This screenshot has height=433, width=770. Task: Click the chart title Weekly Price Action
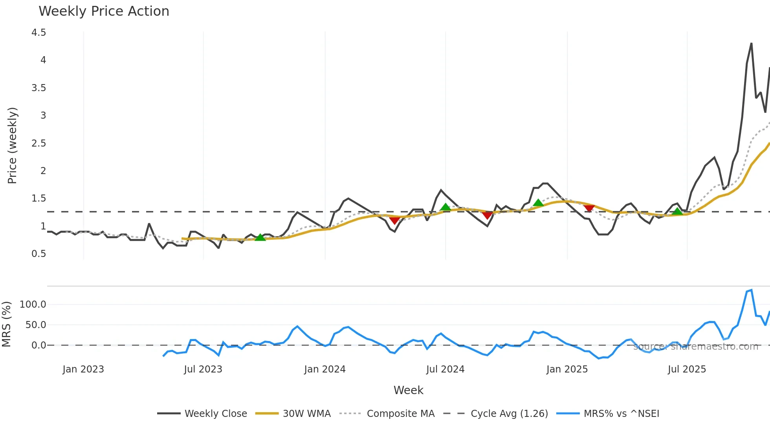tap(104, 11)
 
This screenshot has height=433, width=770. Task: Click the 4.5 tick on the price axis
tap(38, 33)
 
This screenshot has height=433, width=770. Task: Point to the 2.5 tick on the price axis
tap(38, 143)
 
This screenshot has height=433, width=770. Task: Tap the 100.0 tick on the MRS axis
tap(33, 305)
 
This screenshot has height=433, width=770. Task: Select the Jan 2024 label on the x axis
tap(324, 369)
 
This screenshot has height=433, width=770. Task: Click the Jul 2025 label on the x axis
tap(687, 369)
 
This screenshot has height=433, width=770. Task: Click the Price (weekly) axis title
tap(12, 145)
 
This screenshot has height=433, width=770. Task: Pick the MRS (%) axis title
tap(6, 324)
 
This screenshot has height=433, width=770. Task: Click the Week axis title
tap(408, 390)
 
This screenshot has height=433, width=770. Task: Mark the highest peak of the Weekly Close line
tap(751, 44)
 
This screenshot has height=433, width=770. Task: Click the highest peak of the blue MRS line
tap(751, 290)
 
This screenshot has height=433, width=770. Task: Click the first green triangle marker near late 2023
tap(260, 237)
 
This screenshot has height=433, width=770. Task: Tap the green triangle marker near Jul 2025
tap(677, 212)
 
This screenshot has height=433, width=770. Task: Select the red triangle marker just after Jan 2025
tap(589, 208)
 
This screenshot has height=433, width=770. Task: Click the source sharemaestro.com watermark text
tap(695, 347)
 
